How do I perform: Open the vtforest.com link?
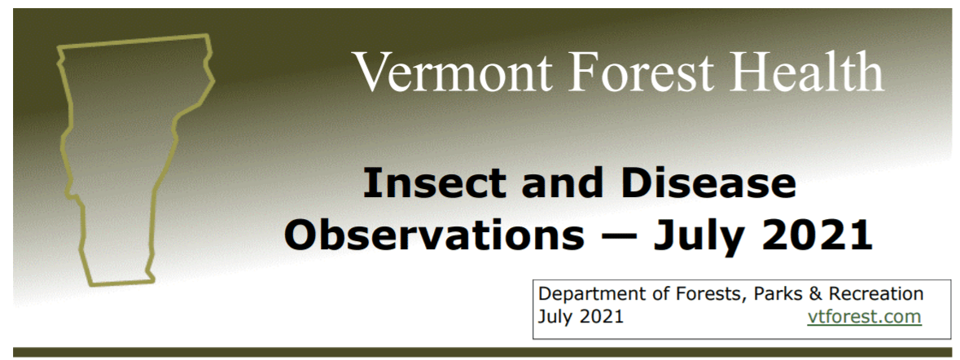pos(864,317)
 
